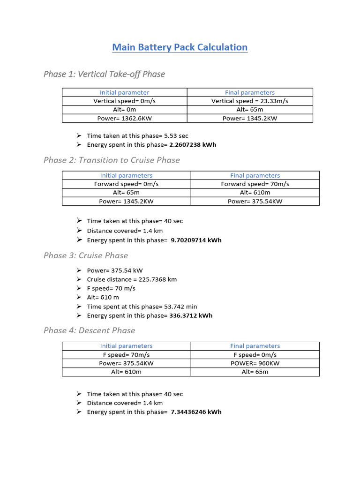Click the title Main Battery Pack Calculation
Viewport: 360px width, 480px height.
pos(180,47)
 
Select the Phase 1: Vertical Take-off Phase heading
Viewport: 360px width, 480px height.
pos(104,74)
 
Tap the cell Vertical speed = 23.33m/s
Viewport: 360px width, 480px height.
pos(250,101)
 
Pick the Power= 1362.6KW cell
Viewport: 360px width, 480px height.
pos(125,118)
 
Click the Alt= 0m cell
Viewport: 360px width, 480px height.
pos(125,110)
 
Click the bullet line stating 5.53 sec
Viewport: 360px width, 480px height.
pos(137,136)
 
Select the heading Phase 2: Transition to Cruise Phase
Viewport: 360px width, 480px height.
pos(112,160)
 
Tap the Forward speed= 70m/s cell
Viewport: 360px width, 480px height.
pos(255,184)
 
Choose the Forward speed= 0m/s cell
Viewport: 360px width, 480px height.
pos(127,184)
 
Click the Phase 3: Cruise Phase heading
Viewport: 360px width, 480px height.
pos(86,255)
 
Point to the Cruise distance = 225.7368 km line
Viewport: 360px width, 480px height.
pos(132,279)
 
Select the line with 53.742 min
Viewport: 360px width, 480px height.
pos(142,307)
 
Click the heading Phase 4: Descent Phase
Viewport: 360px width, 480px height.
pos(89,330)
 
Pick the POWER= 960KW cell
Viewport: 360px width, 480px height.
pos(255,363)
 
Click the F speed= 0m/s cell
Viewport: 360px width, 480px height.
pos(255,355)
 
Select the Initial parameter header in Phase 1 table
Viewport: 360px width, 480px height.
pos(125,93)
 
